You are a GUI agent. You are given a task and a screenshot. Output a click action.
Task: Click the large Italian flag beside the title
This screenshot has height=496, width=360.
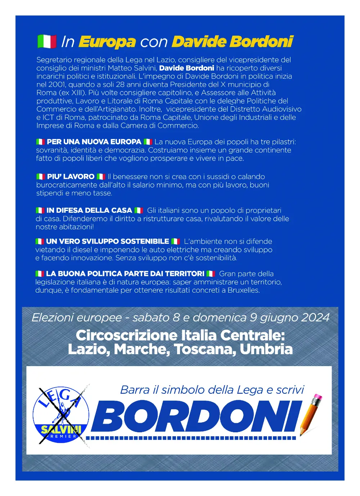(x=47, y=42)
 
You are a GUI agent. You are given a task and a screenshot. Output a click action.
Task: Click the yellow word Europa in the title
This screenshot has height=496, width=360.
(x=107, y=42)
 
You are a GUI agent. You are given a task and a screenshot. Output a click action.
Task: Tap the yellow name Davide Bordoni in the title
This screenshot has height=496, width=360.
(x=233, y=42)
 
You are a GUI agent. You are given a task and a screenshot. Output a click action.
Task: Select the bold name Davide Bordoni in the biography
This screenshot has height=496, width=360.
(x=186, y=68)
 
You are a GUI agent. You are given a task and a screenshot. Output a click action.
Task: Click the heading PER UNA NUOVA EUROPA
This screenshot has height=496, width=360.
(x=94, y=142)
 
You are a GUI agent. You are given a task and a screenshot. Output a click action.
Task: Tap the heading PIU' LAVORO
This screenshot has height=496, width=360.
(x=71, y=177)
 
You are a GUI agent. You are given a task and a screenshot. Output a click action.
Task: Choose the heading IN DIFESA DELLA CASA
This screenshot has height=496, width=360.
(x=89, y=210)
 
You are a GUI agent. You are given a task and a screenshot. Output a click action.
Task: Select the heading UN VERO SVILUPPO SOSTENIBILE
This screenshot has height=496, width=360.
(x=107, y=241)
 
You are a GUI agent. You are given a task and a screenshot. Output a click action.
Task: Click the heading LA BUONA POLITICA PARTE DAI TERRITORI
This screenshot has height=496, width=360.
(x=125, y=274)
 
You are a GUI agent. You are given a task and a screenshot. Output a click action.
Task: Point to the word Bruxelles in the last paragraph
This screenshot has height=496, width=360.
(x=243, y=290)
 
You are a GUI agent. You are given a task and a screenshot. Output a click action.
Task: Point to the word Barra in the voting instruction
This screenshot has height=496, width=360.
(x=135, y=390)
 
